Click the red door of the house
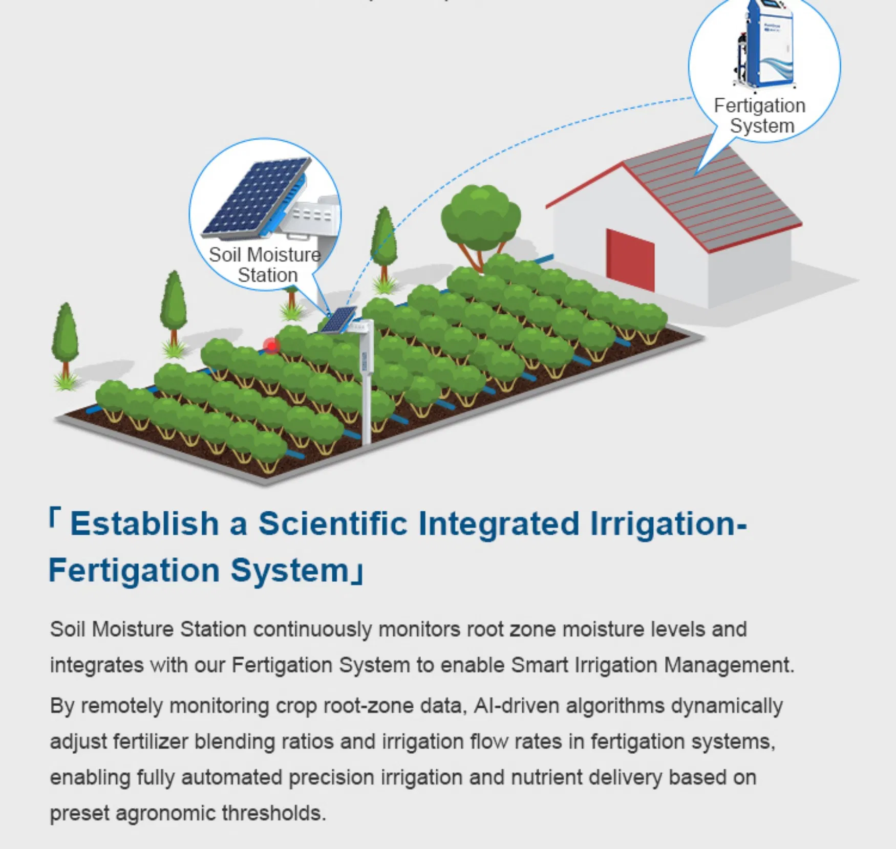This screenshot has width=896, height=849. point(630,260)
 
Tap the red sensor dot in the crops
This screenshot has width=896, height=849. point(271,346)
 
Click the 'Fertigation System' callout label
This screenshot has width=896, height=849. point(760,116)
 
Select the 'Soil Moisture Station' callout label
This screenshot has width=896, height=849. point(265,265)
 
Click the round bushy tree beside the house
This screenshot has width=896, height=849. point(480,217)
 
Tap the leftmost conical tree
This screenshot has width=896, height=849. point(65,338)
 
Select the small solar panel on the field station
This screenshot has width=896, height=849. point(338,320)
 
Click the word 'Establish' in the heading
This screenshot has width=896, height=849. point(144,524)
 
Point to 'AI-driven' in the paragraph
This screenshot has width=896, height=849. point(516,706)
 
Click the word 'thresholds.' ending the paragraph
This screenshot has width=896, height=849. point(273,813)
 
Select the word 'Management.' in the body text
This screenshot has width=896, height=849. point(729,665)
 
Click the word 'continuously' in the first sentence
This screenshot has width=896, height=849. point(312,629)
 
